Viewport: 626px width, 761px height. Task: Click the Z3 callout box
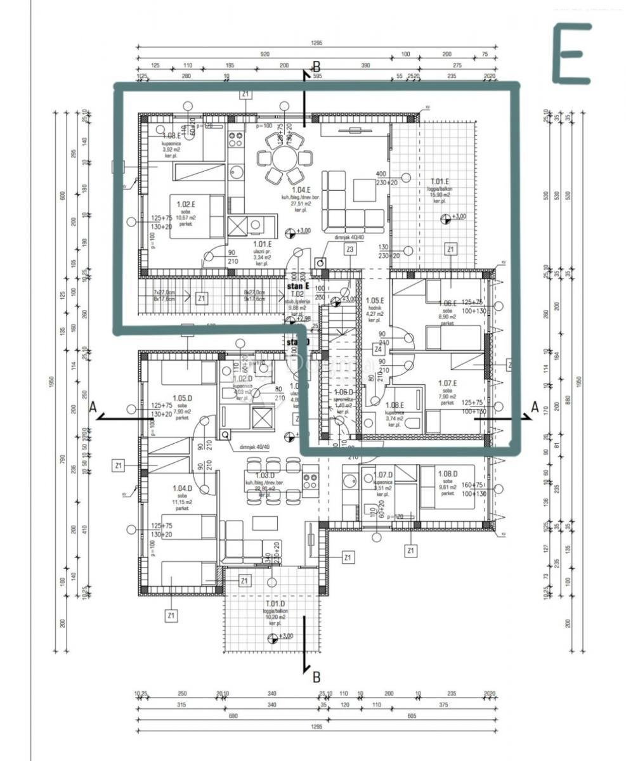(349, 250)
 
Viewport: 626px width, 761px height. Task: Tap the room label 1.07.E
(448, 383)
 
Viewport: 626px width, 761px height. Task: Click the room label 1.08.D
(448, 474)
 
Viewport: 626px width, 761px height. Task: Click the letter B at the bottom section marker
(316, 677)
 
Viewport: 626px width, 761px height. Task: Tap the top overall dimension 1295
(317, 43)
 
